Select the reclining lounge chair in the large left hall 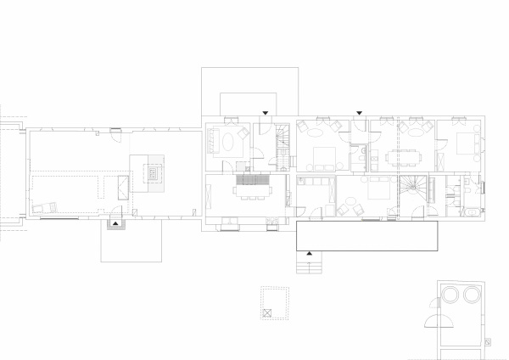(x=43, y=206)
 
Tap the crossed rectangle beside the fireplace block (x=122, y=188)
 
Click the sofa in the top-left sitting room (x=210, y=139)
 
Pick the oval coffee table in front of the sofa (x=228, y=139)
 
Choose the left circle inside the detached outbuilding (x=450, y=295)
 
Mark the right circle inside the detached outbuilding (x=470, y=295)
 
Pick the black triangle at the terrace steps (x=309, y=254)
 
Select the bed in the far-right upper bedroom (x=465, y=143)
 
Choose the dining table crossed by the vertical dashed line (x=397, y=158)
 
